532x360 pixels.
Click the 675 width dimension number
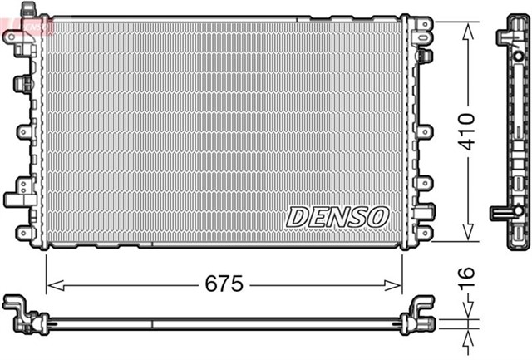coord(224,284)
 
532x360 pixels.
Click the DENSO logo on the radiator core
coord(337,216)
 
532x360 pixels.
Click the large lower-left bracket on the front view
coord(17,199)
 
